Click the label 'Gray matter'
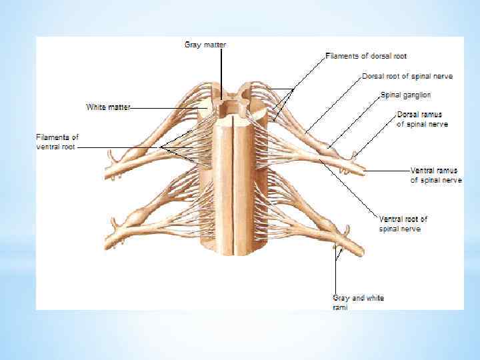(x=205, y=45)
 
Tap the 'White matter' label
(x=108, y=107)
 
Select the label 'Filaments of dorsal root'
(x=366, y=56)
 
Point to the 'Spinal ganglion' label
(x=405, y=95)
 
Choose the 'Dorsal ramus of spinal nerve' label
(x=422, y=119)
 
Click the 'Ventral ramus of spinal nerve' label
(x=435, y=175)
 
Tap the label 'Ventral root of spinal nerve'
(x=403, y=223)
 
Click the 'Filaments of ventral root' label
(x=57, y=141)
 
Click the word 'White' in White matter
(x=97, y=107)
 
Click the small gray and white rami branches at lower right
(x=338, y=252)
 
